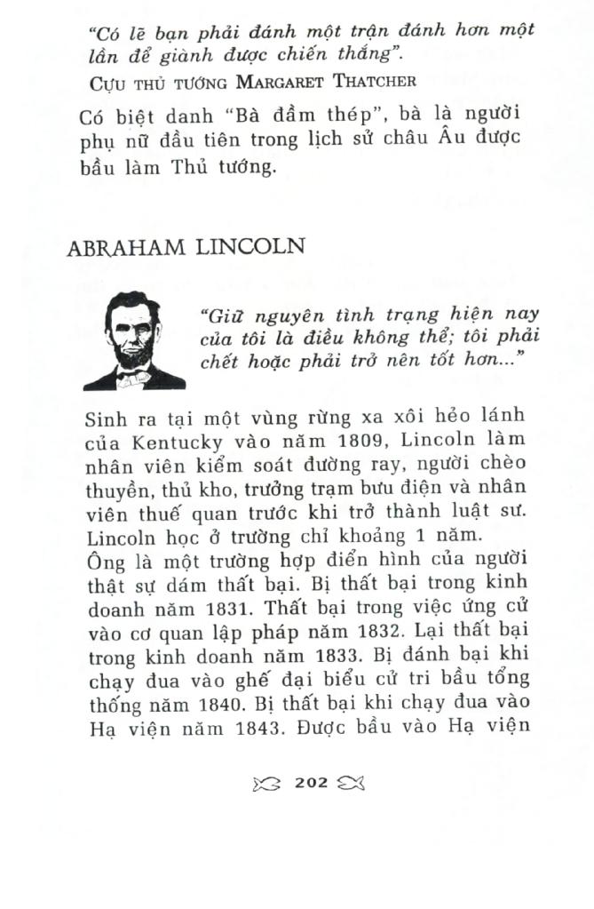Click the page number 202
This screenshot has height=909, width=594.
[311, 783]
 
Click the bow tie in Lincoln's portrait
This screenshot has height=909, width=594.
[132, 379]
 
